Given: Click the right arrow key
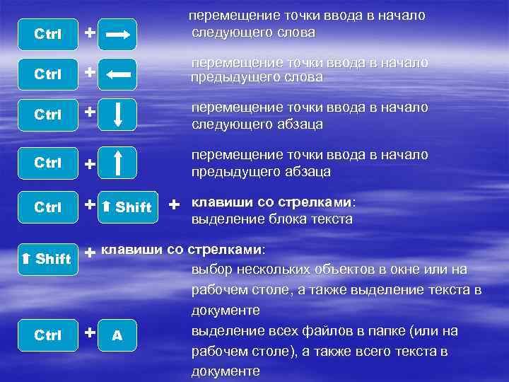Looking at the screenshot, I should click(117, 33).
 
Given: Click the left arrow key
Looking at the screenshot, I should click(117, 73).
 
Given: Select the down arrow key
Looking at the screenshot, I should click(117, 115).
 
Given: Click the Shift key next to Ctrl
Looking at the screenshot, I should click(127, 207).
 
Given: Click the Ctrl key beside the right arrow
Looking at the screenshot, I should click(48, 34).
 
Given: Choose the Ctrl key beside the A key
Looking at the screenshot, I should click(48, 335).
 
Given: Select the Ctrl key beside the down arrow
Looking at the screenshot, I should click(48, 115).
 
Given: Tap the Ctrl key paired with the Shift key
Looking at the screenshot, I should click(48, 207).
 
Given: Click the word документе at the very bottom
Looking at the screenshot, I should click(226, 371).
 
